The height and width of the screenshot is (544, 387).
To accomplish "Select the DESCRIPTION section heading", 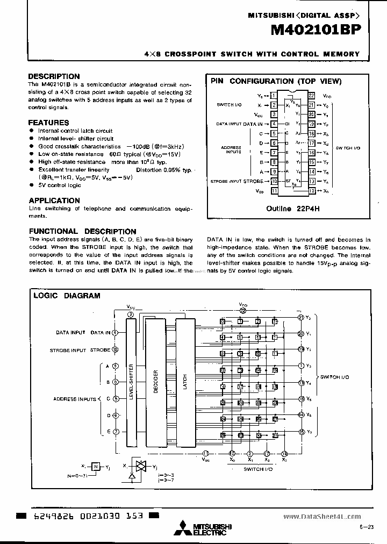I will click(54, 76).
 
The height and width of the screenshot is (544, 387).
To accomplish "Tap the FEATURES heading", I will click(48, 123).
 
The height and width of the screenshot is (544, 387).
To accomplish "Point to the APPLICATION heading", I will click(54, 200).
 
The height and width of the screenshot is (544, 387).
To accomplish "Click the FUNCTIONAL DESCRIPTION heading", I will click(82, 231).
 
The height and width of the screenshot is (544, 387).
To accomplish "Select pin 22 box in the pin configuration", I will click(311, 95).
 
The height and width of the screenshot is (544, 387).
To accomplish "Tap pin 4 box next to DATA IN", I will click(274, 124).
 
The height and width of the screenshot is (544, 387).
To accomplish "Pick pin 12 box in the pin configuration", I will click(311, 191).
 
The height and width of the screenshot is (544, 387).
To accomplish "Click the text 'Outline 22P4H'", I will click(285, 209).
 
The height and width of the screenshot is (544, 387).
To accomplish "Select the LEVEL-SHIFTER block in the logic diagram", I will click(131, 381).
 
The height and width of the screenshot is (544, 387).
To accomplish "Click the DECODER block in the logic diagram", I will click(155, 381).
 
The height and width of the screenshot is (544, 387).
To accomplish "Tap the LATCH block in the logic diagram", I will click(184, 381).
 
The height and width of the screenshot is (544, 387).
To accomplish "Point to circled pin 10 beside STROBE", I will click(115, 350).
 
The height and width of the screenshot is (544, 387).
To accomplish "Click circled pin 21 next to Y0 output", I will click(302, 317).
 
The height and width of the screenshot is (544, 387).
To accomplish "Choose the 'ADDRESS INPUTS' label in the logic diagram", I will click(74, 399).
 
